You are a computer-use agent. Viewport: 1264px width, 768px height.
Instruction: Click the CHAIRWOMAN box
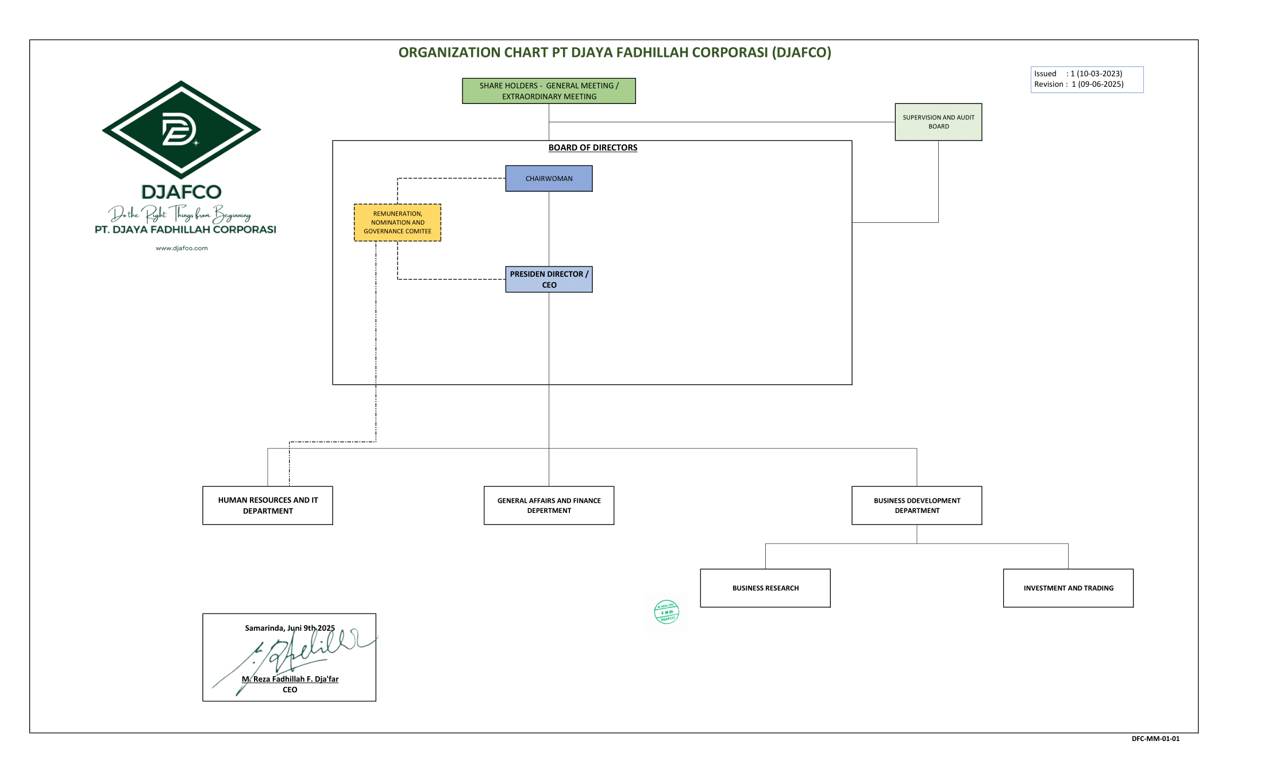(x=549, y=179)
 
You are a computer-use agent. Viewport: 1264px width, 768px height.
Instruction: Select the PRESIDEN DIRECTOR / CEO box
(x=549, y=279)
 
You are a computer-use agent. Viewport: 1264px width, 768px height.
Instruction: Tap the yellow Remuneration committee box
(x=398, y=222)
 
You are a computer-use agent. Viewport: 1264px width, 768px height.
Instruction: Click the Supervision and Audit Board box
(x=938, y=122)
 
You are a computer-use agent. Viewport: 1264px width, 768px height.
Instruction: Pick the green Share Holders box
(x=549, y=91)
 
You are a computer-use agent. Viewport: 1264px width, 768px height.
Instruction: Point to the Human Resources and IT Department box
(x=268, y=505)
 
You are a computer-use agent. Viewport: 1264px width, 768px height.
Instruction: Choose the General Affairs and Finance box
(x=549, y=505)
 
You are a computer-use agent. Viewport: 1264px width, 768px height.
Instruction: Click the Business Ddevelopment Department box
(x=916, y=505)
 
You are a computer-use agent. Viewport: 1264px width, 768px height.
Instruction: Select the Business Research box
(x=765, y=588)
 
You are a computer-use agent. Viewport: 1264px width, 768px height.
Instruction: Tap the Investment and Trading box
(x=1068, y=588)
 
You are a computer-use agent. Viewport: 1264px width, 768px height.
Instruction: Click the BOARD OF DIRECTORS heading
(x=592, y=148)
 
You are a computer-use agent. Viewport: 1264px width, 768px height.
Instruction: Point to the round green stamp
(x=666, y=612)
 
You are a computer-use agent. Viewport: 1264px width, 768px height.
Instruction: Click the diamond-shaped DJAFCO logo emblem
(x=182, y=129)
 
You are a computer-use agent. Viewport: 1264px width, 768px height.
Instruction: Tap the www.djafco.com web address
(x=182, y=248)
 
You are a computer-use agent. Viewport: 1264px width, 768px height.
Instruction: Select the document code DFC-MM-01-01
(x=1155, y=739)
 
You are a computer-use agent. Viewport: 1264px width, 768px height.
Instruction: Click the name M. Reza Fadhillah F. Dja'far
(x=290, y=679)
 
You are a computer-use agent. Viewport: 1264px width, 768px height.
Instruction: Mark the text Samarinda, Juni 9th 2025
(x=290, y=628)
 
